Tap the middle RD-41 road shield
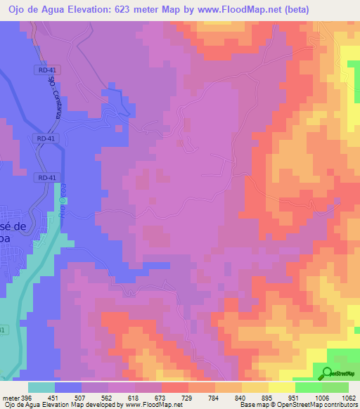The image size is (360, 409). (46, 138)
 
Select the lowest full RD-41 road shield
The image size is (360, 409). (47, 178)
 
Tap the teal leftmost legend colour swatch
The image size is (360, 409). (41, 387)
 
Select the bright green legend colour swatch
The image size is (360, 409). (308, 387)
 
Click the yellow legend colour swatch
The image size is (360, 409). (281, 387)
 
